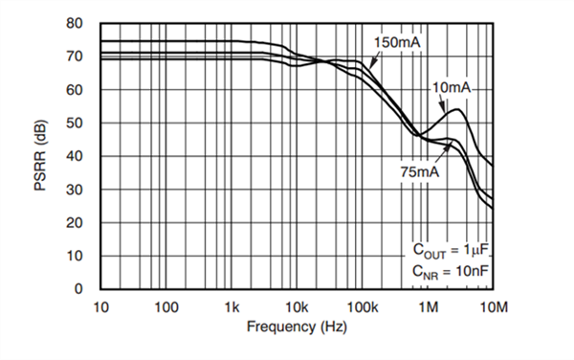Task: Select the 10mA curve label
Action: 451,88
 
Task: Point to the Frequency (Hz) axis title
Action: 297,326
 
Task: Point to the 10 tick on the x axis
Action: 101,306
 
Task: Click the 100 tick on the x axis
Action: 166,306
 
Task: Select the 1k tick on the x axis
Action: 232,306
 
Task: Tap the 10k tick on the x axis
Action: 297,306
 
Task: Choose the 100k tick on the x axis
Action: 363,306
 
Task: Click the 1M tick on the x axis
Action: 428,306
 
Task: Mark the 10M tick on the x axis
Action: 492,306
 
